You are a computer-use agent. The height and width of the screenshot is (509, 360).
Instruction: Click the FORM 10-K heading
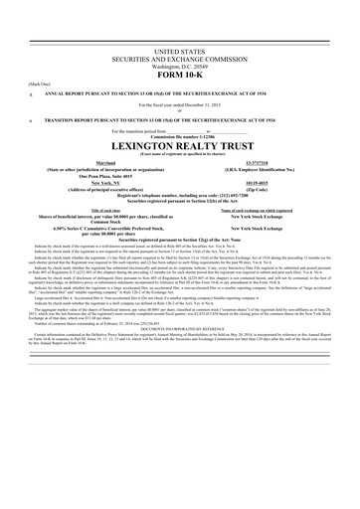tap(179, 75)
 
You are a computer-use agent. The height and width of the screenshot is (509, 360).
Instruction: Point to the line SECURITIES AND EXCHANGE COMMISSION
tap(179, 56)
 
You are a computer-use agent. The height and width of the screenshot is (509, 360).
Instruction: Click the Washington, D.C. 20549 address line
tap(179, 65)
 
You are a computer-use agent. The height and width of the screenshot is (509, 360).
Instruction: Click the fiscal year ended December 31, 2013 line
tap(179, 107)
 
